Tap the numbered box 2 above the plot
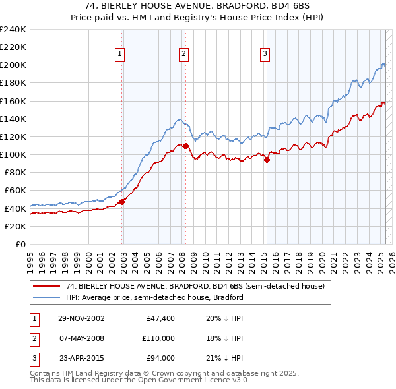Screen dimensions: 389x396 (x=183, y=55)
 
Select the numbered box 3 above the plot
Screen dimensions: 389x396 (x=265, y=55)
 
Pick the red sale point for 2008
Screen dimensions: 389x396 (x=186, y=146)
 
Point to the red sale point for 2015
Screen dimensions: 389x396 (x=267, y=160)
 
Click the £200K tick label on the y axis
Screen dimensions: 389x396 (x=13, y=65)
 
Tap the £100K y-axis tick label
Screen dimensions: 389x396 (x=13, y=154)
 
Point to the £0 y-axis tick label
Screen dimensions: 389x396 (x=20, y=244)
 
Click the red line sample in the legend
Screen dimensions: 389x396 (x=46, y=287)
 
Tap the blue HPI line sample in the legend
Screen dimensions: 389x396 (x=46, y=297)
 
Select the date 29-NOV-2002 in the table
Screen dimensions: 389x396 (x=82, y=318)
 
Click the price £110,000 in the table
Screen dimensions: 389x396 (x=158, y=338)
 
